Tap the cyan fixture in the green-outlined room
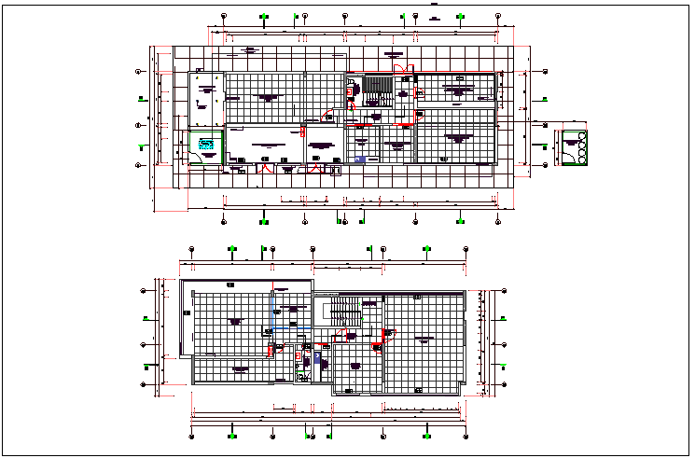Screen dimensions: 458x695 coord(206,144)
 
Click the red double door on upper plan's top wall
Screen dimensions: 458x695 coord(400,68)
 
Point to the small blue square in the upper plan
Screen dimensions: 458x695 coord(360,160)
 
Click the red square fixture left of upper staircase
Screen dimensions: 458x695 coord(351,90)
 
